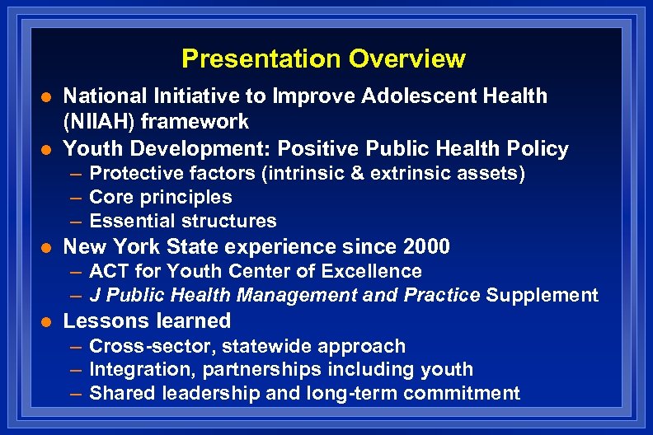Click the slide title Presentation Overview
323,59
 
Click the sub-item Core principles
160,198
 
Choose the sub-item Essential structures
182,222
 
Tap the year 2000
426,246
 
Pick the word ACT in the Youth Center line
106,271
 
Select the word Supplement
542,295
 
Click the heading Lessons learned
147,320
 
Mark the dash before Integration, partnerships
75,370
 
